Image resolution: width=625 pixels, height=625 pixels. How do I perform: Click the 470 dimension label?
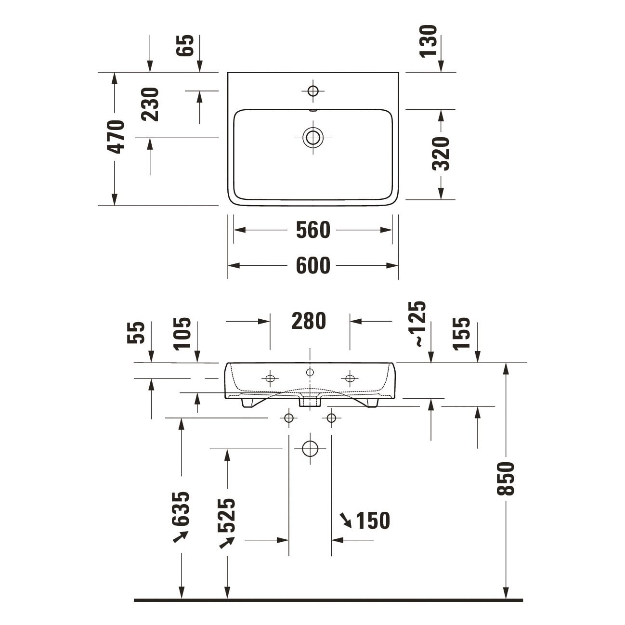tap(116, 137)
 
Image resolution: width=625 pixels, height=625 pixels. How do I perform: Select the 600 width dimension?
tap(313, 265)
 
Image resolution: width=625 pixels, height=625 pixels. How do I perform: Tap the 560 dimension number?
tap(313, 230)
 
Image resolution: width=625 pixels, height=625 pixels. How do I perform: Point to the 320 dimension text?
tap(441, 154)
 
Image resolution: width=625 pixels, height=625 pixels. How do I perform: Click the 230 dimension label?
tap(150, 104)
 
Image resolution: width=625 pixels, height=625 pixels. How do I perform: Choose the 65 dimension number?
tap(185, 45)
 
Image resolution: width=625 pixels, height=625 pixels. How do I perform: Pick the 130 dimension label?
tap(428, 41)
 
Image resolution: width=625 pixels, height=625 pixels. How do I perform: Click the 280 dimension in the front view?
tap(309, 321)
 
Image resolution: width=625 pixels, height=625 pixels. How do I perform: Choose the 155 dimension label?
tap(461, 334)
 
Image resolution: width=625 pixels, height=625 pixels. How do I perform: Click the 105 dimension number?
tap(182, 334)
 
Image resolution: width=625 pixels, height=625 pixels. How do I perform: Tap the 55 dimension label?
tap(136, 332)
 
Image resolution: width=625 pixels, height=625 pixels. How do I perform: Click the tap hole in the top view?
tap(313, 91)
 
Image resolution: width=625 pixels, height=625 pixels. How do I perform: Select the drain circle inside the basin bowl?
tap(313, 138)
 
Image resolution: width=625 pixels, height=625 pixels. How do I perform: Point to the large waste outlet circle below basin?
tap(310, 449)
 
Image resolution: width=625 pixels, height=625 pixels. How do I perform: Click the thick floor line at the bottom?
tap(328, 600)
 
